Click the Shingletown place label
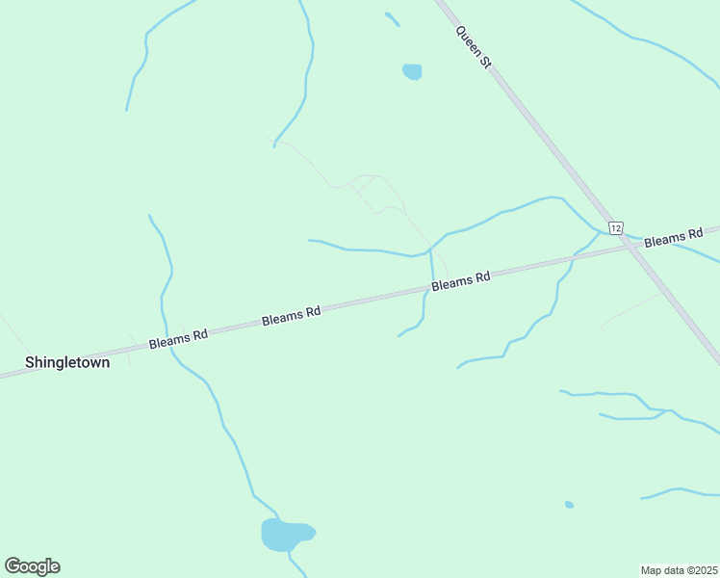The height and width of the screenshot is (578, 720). [x=66, y=363]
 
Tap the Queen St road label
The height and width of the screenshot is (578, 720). [x=474, y=45]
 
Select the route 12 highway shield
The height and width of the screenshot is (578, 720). [x=616, y=226]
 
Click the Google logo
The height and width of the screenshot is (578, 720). [x=32, y=566]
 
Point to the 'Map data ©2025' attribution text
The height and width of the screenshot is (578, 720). [x=680, y=569]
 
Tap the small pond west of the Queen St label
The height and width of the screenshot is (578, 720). [x=412, y=71]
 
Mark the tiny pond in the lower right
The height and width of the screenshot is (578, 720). [x=570, y=504]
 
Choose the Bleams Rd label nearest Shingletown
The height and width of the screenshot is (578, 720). [x=178, y=338]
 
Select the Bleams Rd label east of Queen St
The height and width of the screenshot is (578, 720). [x=674, y=238]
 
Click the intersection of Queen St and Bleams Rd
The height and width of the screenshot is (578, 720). [x=630, y=246]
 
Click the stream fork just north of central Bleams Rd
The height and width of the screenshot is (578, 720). [x=429, y=249]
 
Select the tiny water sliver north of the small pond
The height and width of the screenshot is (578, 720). [x=392, y=17]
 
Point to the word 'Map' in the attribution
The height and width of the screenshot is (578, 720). [x=653, y=569]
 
